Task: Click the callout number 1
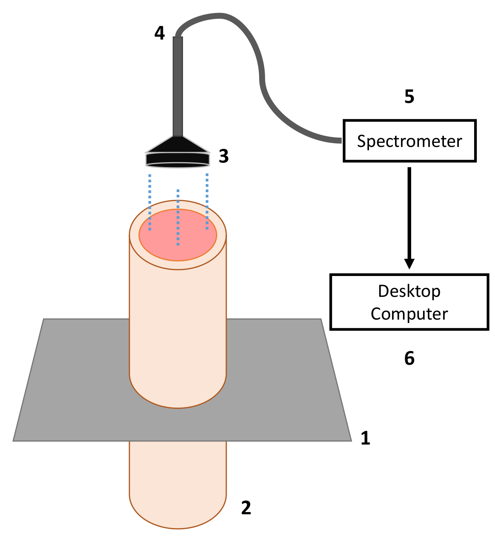[365, 438]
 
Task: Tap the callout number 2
[246, 508]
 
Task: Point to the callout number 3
[224, 156]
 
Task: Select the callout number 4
[160, 33]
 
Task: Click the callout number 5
[409, 97]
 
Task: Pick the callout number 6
[409, 358]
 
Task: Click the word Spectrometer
[409, 141]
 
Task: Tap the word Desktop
[409, 291]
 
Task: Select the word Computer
[409, 314]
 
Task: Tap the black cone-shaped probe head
[177, 153]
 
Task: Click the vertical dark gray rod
[178, 86]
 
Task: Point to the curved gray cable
[257, 56]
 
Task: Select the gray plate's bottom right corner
[350, 440]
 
